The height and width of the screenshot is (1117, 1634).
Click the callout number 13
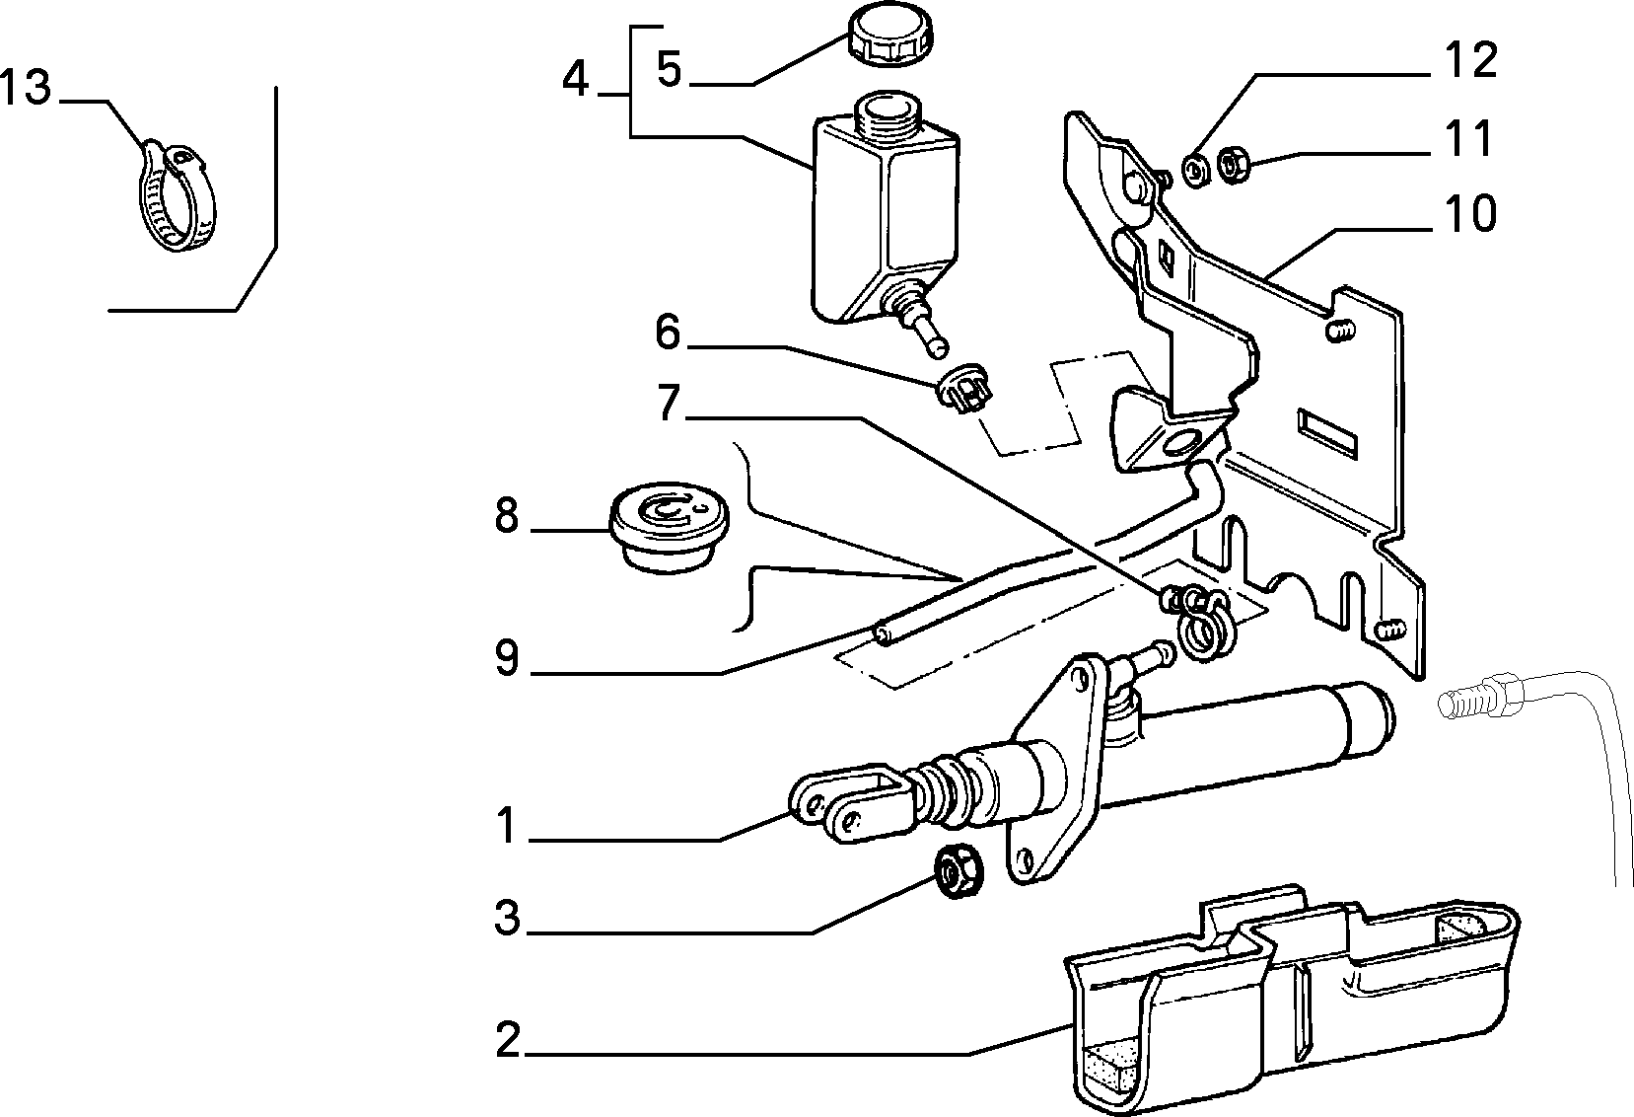26,88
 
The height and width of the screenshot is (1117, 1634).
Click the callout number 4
576,79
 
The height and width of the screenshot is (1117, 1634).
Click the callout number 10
1470,213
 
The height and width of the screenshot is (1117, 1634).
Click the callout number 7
669,403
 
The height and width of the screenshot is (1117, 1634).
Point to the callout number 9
506,658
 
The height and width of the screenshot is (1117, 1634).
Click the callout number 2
508,1040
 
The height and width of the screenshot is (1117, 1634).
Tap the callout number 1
506,826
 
